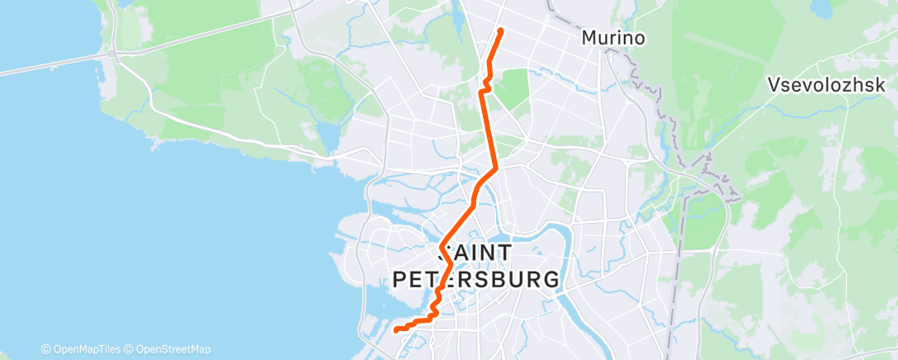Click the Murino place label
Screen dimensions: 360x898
pos(612,38)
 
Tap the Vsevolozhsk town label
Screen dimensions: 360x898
pos(826,84)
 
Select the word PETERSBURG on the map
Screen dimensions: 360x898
pos(475,279)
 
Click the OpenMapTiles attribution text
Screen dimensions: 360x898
pos(87,349)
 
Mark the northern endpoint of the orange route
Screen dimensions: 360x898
pos(500,31)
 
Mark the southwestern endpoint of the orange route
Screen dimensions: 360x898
pos(397,330)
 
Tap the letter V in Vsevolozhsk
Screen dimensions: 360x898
pos(773,84)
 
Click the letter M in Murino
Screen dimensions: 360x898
pos(589,38)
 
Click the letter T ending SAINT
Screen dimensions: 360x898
pos(504,252)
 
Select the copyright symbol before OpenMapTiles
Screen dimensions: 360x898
pos(46,349)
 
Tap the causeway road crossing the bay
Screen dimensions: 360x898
pos(50,65)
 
